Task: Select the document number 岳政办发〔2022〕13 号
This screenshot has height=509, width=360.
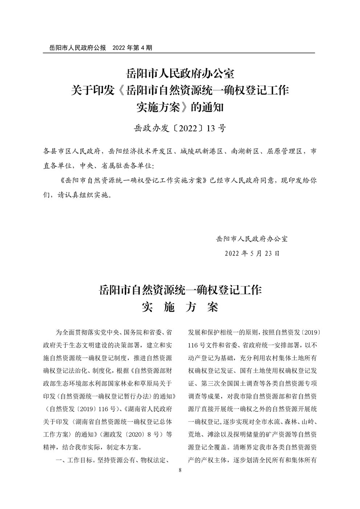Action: tap(180, 128)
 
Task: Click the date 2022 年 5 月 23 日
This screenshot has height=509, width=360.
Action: tap(252, 253)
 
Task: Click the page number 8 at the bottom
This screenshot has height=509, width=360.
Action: tap(180, 470)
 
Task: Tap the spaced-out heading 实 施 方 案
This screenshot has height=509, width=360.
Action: tap(180, 307)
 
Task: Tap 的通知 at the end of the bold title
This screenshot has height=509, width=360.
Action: tap(208, 107)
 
